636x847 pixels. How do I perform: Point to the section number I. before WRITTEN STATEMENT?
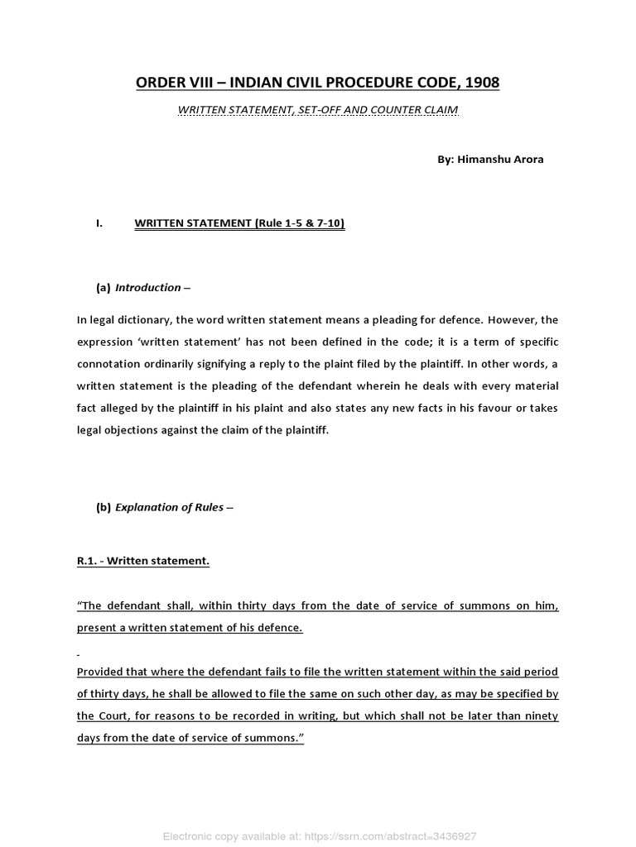(x=99, y=223)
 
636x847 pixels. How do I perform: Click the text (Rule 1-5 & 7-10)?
(x=300, y=223)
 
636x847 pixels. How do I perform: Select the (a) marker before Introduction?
(x=104, y=288)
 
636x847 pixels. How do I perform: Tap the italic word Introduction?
(x=147, y=288)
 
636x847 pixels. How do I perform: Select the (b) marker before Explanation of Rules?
(x=104, y=507)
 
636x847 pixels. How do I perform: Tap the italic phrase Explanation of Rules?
(x=169, y=507)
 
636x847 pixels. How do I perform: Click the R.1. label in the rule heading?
(x=87, y=561)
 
